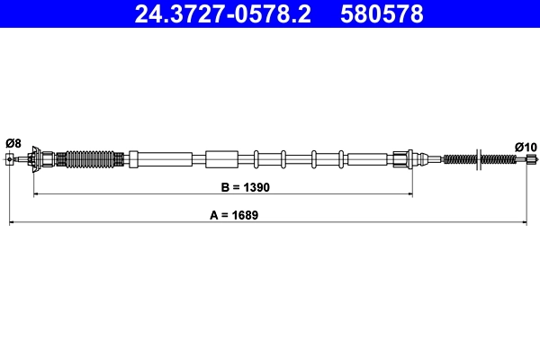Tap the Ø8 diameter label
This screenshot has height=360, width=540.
point(13,143)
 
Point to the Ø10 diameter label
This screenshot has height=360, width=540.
point(525,146)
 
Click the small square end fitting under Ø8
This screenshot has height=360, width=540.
point(11,160)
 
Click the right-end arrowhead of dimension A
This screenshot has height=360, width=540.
point(526,221)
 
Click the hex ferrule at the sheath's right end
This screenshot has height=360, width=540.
point(401,160)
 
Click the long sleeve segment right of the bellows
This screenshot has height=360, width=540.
point(161,159)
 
